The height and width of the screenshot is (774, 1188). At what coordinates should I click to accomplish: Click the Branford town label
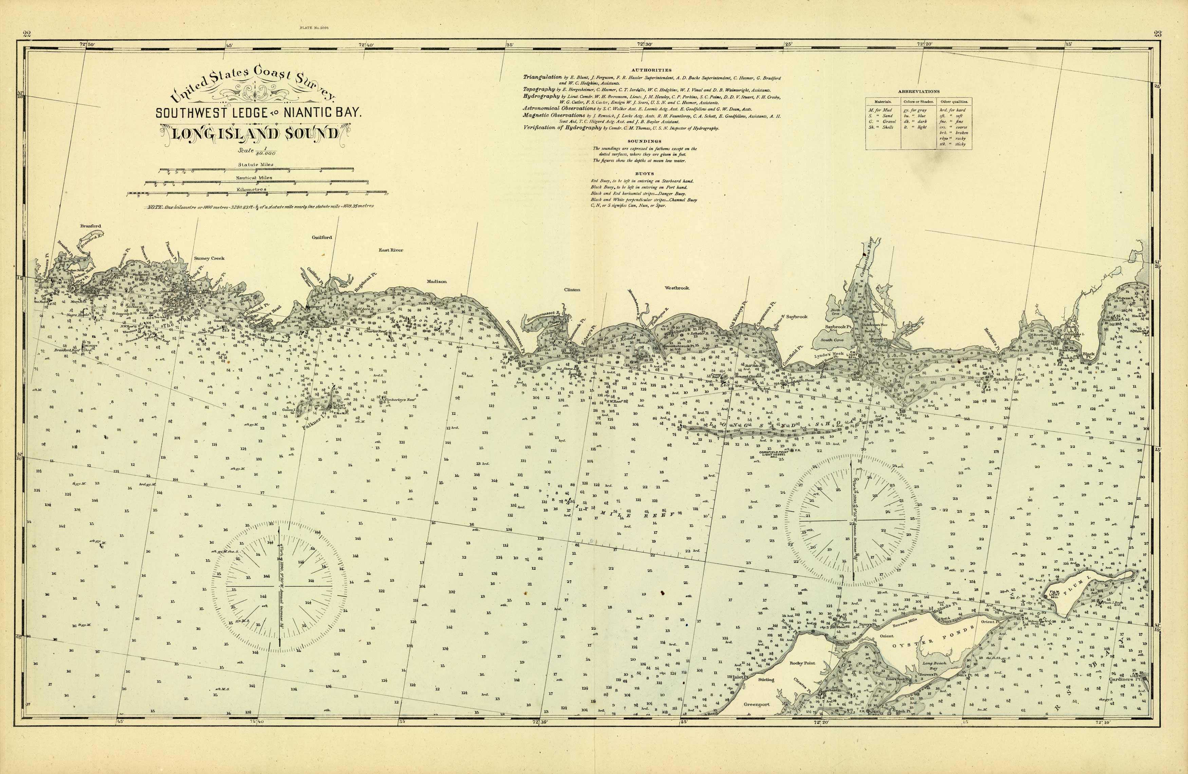(90, 226)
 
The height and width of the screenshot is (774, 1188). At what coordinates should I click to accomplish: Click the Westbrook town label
(676, 288)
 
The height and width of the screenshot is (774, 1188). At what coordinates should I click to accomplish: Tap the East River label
(390, 250)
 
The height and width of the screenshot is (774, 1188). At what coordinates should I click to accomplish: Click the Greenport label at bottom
(757, 705)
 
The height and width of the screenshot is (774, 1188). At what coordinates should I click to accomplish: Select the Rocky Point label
(802, 663)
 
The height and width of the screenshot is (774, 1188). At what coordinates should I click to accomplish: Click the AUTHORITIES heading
(651, 70)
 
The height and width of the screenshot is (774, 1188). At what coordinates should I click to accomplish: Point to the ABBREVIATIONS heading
(918, 91)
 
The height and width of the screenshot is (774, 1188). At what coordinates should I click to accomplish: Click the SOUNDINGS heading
(645, 141)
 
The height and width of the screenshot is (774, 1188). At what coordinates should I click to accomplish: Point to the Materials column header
(883, 102)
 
